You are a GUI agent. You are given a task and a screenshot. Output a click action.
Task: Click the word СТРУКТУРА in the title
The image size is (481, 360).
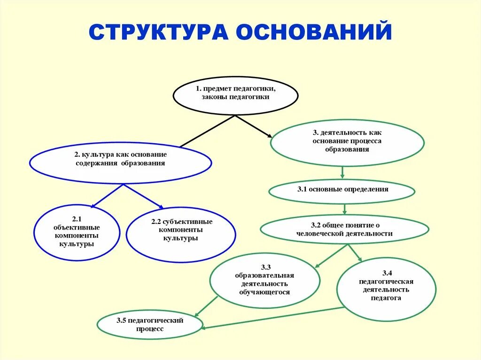157,32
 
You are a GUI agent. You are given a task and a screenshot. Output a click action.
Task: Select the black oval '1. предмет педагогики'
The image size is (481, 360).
235,95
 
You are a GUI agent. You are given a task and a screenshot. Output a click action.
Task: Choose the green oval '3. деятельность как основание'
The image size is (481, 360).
347,143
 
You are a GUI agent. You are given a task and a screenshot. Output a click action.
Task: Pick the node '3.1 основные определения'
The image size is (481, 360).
342,190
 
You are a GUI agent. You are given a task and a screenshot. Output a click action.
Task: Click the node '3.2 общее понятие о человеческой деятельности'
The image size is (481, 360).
344,230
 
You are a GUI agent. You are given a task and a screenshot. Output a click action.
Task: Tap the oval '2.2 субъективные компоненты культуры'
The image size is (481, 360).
181,234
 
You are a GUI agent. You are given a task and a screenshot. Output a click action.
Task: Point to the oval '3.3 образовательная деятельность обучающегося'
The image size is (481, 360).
265,281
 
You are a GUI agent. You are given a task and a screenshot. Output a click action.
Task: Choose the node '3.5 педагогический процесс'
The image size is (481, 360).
150,325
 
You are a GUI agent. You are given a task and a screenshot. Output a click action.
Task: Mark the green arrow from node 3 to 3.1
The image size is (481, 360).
342,172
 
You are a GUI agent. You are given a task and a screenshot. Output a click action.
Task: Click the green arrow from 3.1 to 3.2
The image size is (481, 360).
345,208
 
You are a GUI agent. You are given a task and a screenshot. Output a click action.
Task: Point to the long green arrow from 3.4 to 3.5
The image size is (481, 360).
272,317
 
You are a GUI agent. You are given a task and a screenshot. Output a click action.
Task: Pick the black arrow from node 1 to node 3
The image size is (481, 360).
254,126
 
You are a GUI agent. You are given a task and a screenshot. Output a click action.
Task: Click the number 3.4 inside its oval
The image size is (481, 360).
387,273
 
